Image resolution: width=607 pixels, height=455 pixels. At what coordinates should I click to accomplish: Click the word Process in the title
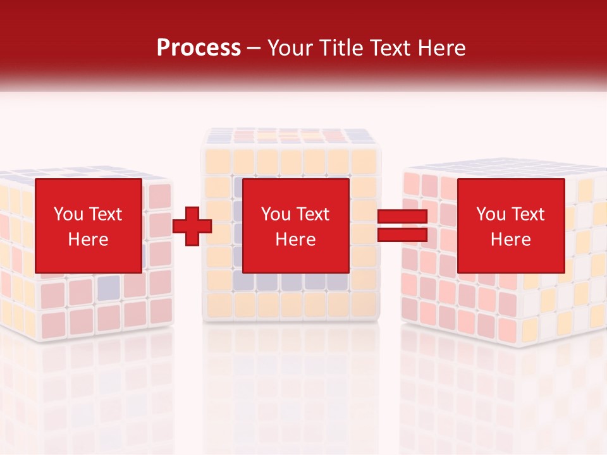(199, 48)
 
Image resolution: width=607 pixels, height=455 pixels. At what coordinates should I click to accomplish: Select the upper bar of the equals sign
(402, 217)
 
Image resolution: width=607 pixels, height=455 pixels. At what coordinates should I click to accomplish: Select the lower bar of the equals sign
(402, 235)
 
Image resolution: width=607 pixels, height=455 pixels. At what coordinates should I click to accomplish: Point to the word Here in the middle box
(295, 240)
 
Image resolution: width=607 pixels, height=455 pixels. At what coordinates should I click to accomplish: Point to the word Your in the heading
(290, 48)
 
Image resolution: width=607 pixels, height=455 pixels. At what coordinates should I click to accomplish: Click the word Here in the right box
(510, 240)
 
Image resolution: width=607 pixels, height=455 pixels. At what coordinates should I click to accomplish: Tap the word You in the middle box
(276, 214)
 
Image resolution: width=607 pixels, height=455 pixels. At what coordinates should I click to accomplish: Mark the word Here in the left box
(88, 240)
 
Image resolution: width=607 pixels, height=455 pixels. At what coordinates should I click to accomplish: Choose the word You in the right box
(491, 214)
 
